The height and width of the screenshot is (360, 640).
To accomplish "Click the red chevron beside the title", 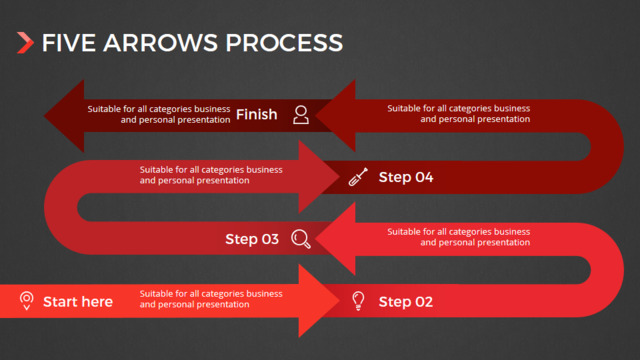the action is (25, 43).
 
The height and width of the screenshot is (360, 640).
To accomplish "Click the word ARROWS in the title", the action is (160, 43).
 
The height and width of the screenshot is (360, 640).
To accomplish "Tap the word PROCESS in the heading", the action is (284, 43).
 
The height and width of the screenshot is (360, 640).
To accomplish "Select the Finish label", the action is (256, 115).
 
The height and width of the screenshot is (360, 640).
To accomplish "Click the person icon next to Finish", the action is (301, 115).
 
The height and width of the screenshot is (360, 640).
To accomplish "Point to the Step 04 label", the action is (406, 177).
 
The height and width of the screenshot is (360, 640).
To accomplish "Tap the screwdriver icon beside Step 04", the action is (358, 177).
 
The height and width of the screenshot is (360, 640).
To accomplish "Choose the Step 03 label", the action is (252, 239).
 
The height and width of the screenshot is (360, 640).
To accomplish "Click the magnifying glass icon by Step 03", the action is (301, 239).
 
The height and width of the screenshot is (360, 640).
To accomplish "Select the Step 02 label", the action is (406, 302).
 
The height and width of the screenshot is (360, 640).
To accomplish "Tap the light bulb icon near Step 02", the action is (358, 301).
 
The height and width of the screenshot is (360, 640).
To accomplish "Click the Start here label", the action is (78, 302).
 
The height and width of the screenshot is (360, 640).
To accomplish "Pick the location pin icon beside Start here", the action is (27, 301).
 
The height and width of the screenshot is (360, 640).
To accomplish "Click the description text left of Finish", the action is (159, 114).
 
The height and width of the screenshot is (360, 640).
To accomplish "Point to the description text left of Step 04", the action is (211, 175).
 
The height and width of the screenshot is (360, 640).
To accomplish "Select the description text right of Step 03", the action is (459, 237).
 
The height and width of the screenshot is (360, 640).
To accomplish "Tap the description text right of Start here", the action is (211, 299).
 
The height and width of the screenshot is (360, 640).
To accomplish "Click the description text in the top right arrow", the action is (459, 113).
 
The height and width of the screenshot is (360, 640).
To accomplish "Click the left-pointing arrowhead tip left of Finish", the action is (44, 116).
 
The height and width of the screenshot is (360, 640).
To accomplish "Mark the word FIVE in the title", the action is (69, 43).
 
